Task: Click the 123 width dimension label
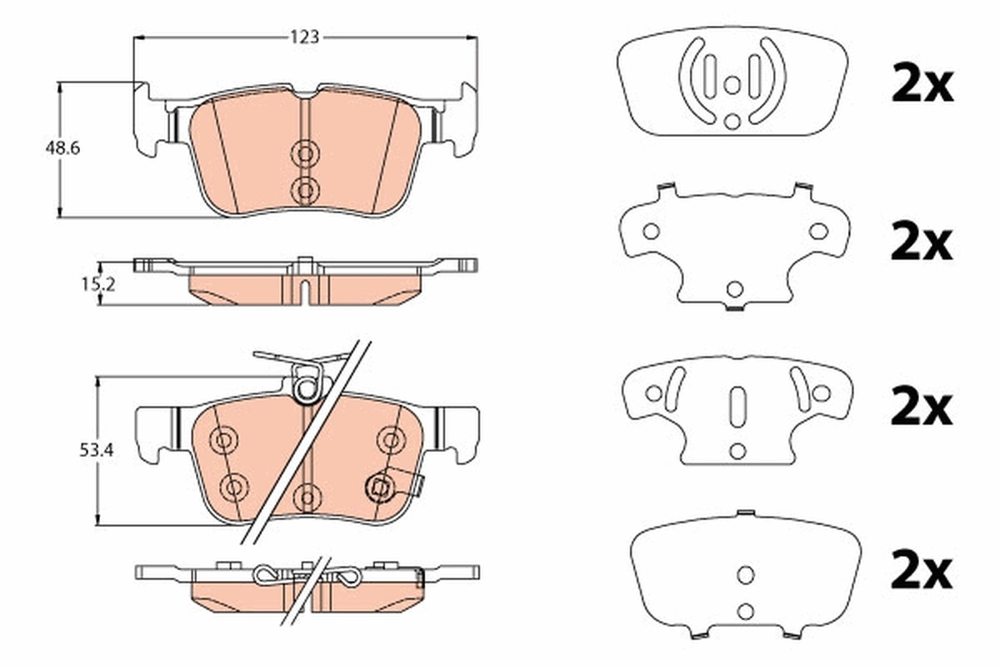[305, 37]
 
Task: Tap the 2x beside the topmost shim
[921, 86]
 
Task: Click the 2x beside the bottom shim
[921, 572]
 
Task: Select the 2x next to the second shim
[921, 243]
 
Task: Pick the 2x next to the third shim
[921, 409]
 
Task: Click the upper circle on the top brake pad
[305, 153]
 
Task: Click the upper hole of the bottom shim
[745, 574]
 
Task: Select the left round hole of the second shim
[651, 231]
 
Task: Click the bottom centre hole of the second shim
[734, 289]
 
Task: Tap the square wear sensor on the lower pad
[381, 487]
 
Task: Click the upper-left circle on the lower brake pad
[223, 440]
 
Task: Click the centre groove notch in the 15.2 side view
[305, 292]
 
